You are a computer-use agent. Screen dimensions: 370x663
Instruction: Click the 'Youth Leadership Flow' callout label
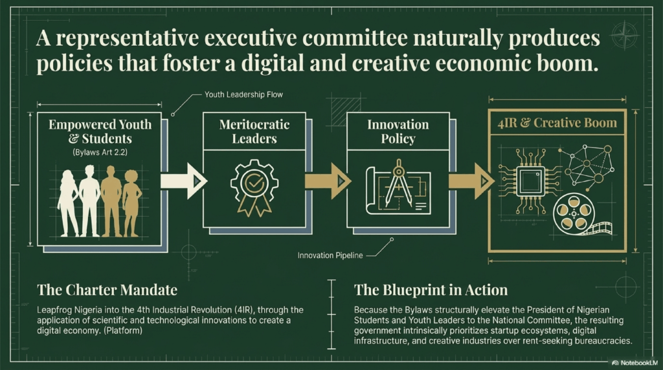243,94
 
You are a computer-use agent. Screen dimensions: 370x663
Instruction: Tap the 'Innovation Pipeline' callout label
330,256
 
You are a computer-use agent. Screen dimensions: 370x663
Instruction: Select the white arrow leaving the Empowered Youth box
183,180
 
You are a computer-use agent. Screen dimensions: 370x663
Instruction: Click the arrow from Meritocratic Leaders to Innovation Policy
327,180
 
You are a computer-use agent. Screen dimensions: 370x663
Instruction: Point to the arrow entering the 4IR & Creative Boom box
471,180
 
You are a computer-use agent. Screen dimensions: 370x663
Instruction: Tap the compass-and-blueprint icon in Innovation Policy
397,187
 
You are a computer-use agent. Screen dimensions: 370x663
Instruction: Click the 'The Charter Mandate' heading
107,289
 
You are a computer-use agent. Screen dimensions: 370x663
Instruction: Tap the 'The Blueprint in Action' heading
431,289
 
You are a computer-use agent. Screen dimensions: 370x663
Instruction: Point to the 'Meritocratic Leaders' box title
254,131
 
